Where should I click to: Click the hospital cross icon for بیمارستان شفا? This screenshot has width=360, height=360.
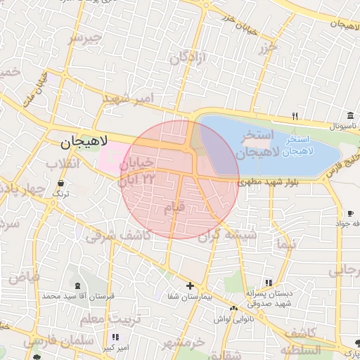click(x=190, y=285)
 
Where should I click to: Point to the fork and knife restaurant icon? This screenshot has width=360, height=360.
click(x=295, y=117)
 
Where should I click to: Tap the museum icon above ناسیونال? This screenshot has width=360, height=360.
click(x=350, y=116)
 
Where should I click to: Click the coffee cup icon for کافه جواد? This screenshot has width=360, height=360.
click(x=350, y=213)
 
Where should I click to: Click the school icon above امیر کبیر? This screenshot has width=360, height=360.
click(x=115, y=337)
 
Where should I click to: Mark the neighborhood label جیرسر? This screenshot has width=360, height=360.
click(x=85, y=39)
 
